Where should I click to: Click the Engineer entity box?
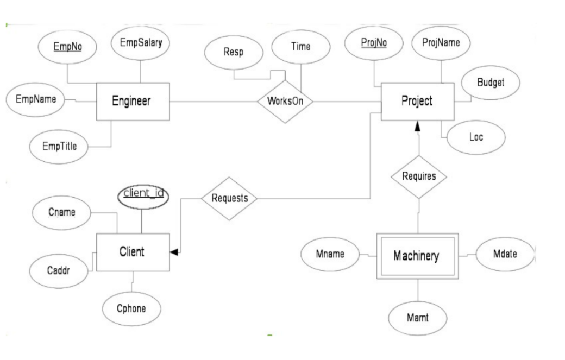pos(132,101)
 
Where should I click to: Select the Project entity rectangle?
pos(417,102)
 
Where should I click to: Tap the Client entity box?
pos(132,252)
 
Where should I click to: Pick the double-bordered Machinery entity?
pos(417,256)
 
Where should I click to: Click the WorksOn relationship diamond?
pos(285,102)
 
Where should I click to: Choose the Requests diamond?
pos(230,198)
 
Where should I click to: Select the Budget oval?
pos(491,83)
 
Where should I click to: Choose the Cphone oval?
pos(132,309)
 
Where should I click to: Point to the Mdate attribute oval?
pos(505,255)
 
